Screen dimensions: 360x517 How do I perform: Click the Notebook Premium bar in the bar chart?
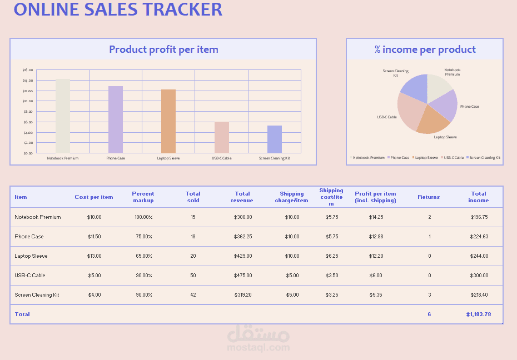(x=62, y=116)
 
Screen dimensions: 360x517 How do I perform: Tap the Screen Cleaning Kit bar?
(x=275, y=139)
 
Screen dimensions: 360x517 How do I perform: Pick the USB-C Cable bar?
(x=222, y=137)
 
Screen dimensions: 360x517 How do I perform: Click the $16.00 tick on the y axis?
(x=28, y=70)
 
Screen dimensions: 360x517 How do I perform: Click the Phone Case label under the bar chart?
(x=116, y=158)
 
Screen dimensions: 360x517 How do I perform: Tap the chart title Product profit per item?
(x=163, y=49)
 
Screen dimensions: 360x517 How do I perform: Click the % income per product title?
(x=425, y=49)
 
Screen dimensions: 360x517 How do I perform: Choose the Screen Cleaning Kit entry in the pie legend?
(x=484, y=158)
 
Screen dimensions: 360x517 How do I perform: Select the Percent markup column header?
(x=143, y=197)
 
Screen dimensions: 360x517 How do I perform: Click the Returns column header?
(x=429, y=197)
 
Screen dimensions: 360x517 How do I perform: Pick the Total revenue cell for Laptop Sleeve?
(x=242, y=256)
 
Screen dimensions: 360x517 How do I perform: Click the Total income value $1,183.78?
(x=478, y=314)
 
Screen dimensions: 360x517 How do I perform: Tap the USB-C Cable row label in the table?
(x=30, y=276)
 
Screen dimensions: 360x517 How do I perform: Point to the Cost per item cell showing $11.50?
(x=95, y=237)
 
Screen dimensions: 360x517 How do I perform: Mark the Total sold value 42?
(x=193, y=295)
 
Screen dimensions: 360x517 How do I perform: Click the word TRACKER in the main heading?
(x=182, y=9)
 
